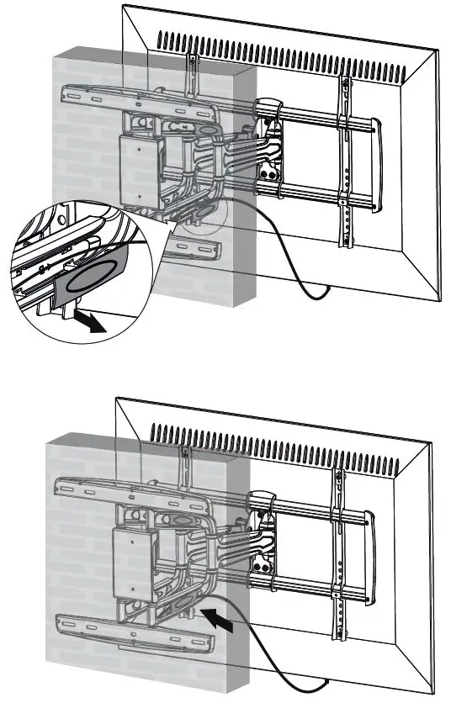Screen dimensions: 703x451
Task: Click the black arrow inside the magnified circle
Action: coord(88,323)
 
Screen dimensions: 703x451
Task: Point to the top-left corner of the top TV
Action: coord(124,7)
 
